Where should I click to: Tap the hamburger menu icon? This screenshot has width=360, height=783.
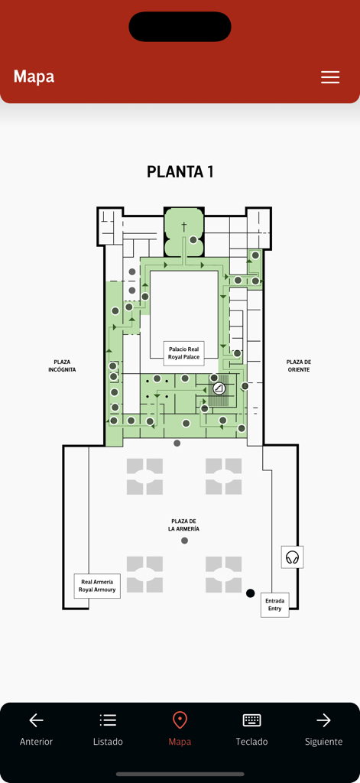(x=330, y=77)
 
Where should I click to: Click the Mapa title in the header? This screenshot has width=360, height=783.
(x=34, y=76)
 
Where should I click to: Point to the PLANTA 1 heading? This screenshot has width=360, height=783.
(x=180, y=172)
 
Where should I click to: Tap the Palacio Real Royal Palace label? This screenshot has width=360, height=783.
(x=184, y=353)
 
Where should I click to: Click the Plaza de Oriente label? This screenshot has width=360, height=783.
(x=298, y=366)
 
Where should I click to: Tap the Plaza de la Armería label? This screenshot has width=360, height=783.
(x=184, y=525)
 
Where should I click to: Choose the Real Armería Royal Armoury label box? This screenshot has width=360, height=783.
(x=97, y=586)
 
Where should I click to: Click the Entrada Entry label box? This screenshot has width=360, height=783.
(x=274, y=604)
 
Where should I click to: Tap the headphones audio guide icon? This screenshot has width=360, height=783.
(x=292, y=557)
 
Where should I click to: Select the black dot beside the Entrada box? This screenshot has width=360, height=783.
(x=250, y=593)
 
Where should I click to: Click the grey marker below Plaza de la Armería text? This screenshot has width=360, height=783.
(x=184, y=541)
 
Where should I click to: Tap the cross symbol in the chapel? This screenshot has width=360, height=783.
(x=183, y=226)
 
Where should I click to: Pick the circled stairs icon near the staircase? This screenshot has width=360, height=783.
(x=219, y=389)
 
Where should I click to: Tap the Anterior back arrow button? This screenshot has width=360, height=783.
(x=36, y=729)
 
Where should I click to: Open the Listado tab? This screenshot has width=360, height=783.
(x=108, y=729)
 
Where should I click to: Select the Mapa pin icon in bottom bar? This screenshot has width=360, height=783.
(x=180, y=720)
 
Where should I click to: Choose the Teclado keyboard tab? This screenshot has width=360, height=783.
(x=251, y=729)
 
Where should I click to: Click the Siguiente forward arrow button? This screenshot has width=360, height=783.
(x=323, y=729)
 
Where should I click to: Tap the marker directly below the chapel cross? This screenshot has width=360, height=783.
(x=193, y=240)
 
